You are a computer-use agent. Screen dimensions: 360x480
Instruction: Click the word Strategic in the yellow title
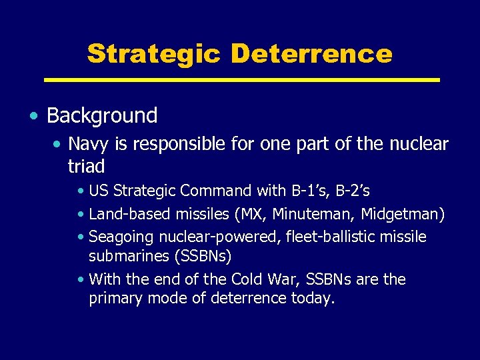[x=153, y=53]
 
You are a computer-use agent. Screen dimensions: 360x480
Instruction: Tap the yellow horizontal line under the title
[x=241, y=80]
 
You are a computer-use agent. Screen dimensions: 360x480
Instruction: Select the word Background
[x=102, y=115]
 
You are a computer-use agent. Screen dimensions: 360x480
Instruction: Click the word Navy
[x=85, y=144]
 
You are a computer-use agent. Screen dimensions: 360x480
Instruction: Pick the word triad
[x=87, y=165]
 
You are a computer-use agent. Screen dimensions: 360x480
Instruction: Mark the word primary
[x=114, y=299]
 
